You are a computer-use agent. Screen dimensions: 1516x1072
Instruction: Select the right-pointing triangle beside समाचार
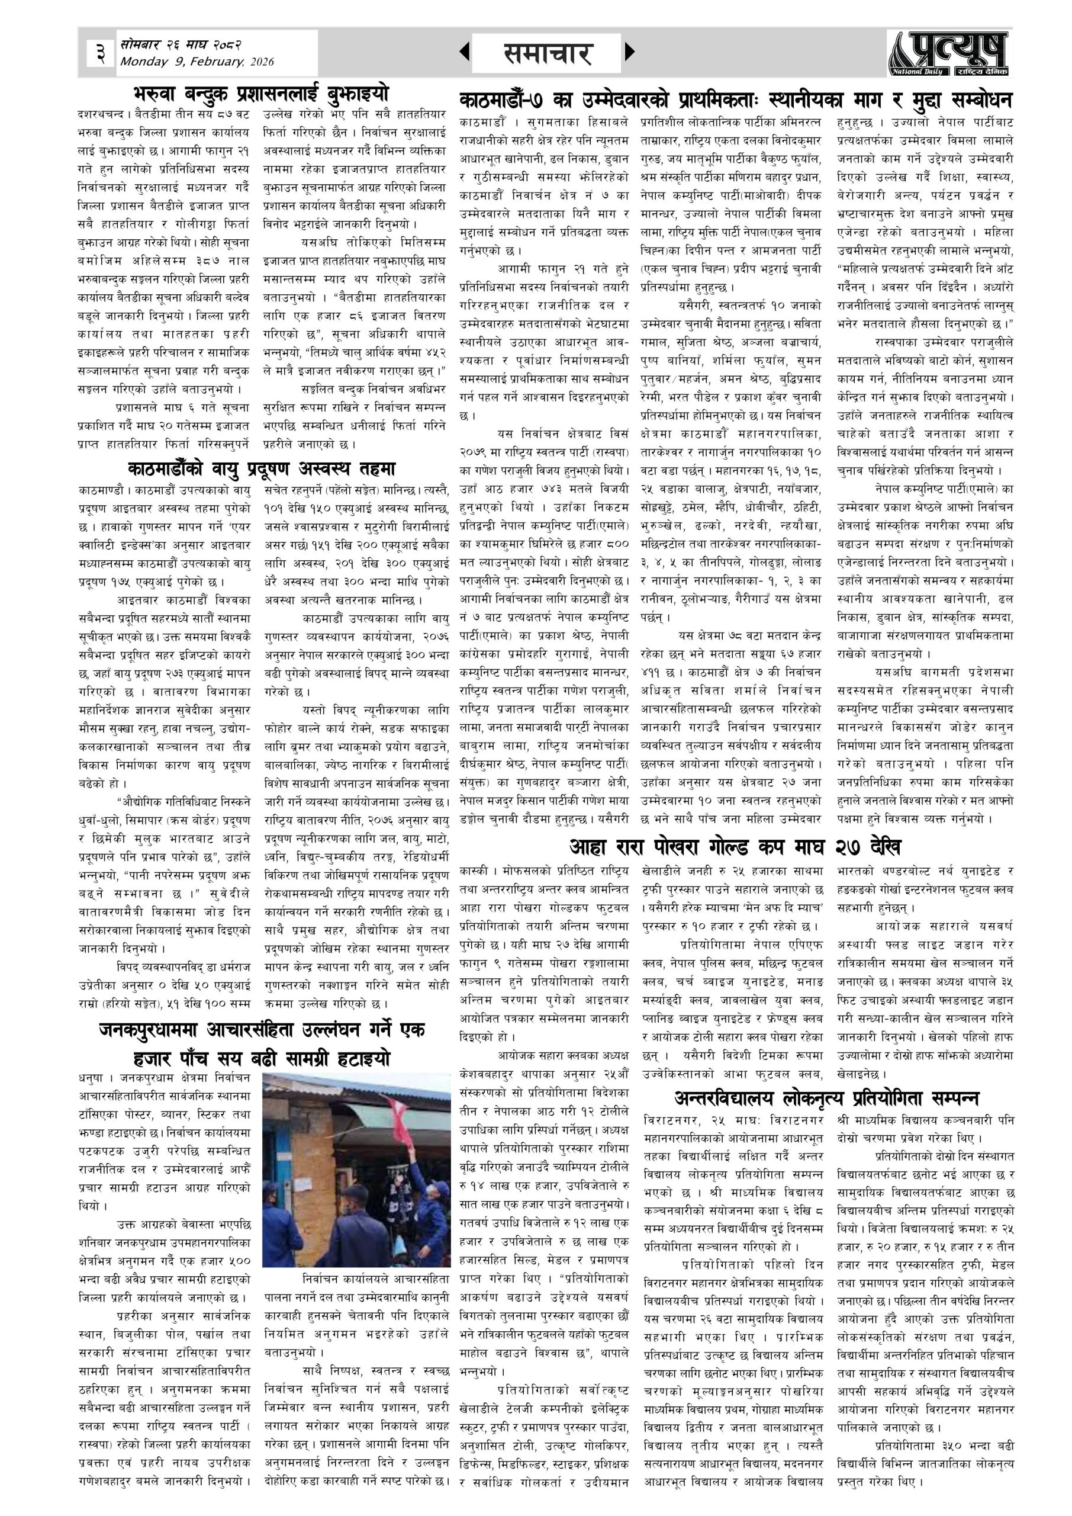point(629,52)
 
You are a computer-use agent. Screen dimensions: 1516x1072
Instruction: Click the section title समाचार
point(546,53)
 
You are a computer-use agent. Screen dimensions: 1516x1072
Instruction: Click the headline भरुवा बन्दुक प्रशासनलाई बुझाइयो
point(260,92)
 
